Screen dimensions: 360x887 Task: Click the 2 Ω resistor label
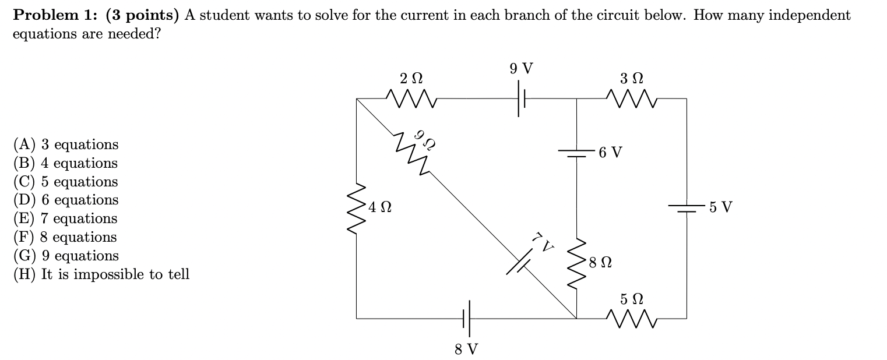click(x=411, y=77)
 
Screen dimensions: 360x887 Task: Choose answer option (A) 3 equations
click(x=65, y=144)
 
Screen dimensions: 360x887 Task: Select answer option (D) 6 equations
click(x=65, y=200)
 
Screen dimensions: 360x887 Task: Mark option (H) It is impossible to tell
click(x=101, y=274)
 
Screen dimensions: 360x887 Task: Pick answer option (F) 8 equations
click(x=65, y=237)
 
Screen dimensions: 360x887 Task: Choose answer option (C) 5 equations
click(x=65, y=182)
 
